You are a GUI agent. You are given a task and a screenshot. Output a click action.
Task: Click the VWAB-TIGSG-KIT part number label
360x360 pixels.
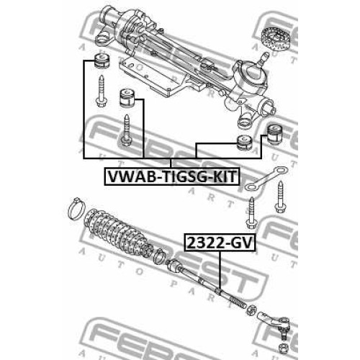[x=172, y=176]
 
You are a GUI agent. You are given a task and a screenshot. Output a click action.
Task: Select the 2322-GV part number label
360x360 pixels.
[x=220, y=243]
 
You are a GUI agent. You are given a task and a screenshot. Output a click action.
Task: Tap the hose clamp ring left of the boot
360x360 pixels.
[x=76, y=209]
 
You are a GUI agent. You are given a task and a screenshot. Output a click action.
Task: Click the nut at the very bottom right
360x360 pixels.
[x=284, y=347]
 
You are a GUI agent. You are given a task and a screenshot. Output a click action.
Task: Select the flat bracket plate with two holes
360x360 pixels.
[x=266, y=178]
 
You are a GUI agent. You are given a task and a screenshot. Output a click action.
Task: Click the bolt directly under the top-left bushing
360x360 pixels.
[x=101, y=91]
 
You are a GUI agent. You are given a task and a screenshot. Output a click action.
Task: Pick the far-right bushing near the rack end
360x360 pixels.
[x=276, y=135]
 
